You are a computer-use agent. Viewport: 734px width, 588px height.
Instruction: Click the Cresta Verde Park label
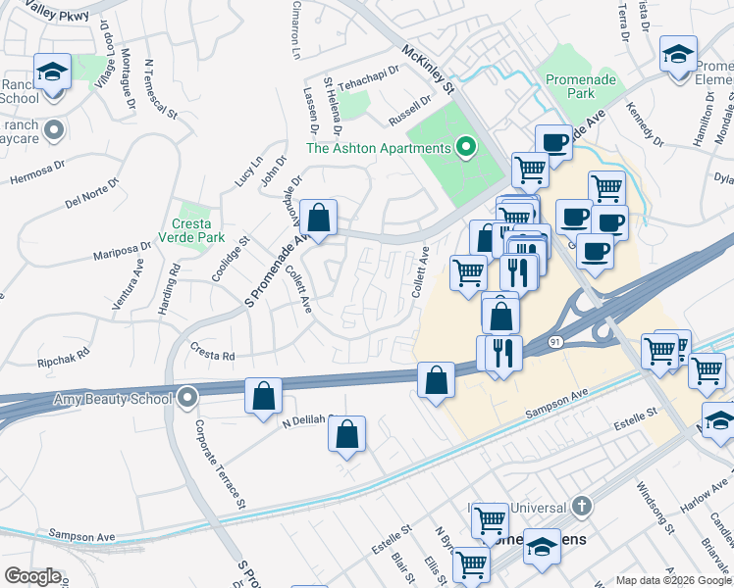tap(198, 229)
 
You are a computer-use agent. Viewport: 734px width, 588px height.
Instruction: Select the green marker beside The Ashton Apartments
tap(467, 149)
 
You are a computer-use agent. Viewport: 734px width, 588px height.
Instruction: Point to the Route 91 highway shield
tap(555, 341)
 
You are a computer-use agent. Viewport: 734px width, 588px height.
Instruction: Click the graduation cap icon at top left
tap(52, 73)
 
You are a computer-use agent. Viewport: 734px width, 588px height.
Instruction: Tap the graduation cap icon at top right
tap(678, 55)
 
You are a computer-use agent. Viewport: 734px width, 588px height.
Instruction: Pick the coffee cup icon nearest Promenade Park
tap(553, 143)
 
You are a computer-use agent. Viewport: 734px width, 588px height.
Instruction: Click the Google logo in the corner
tap(31, 576)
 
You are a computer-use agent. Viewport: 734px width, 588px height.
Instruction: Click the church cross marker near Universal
tap(582, 507)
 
